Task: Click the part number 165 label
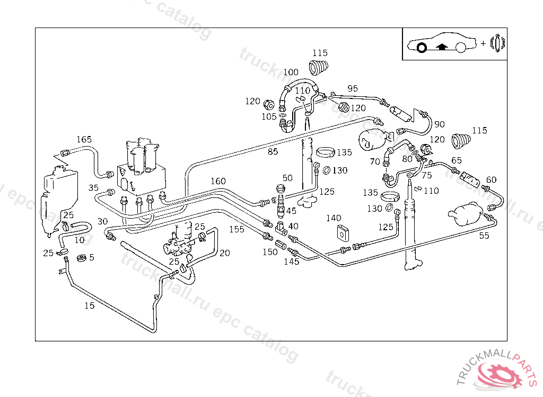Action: (84, 139)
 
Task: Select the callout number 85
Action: (273, 151)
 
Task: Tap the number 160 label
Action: (218, 181)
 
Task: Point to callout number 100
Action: (291, 73)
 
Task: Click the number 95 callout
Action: (353, 88)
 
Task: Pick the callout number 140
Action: (334, 218)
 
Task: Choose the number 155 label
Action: (237, 230)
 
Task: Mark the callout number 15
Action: (90, 305)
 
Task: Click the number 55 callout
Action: (484, 236)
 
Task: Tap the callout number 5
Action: (92, 257)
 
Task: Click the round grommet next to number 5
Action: (82, 259)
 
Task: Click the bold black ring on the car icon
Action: (422, 48)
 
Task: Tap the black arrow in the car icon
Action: (441, 47)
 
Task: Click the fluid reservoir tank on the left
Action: (57, 196)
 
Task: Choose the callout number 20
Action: (224, 253)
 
